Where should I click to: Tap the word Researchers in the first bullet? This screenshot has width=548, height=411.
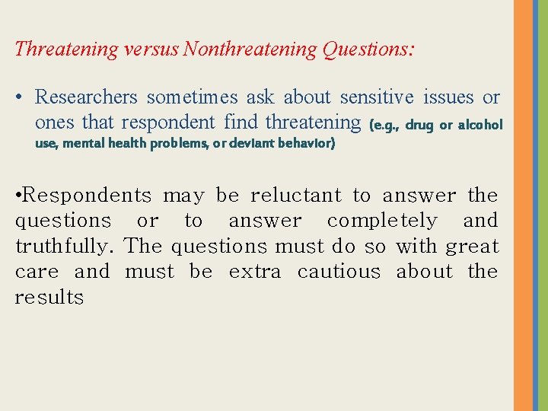[86, 97]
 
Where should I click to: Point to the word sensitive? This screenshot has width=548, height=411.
[377, 97]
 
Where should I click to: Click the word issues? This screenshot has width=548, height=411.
[448, 97]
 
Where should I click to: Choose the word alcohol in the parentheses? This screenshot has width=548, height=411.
[480, 124]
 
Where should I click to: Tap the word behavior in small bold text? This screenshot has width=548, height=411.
[309, 142]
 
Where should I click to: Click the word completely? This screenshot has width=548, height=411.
[382, 221]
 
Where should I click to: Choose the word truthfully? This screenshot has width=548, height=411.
[65, 247]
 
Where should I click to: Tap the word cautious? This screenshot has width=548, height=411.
[339, 272]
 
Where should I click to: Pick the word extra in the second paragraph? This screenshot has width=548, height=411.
[255, 272]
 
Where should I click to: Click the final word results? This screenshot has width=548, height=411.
[49, 298]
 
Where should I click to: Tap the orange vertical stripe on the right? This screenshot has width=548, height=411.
[523, 205]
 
